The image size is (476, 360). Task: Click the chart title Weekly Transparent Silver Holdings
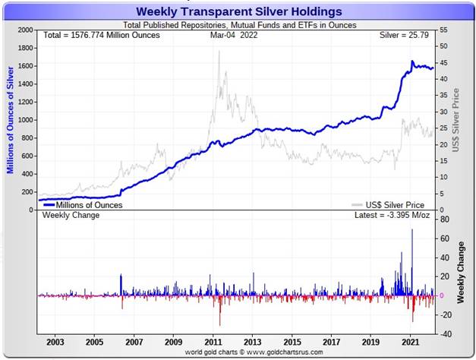[238, 11]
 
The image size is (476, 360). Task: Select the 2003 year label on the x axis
[55, 342]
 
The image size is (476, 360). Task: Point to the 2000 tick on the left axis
[25, 30]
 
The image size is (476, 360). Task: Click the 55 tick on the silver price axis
[443, 30]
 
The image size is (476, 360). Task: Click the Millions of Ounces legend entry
[84, 204]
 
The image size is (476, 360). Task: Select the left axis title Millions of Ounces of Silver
[10, 118]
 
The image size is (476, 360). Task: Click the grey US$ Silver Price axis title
[456, 119]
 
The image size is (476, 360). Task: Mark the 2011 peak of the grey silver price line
[219, 52]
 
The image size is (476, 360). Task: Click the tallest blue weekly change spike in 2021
[412, 230]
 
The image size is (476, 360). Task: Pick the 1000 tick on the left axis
[25, 120]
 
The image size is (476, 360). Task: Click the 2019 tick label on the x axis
[371, 342]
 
